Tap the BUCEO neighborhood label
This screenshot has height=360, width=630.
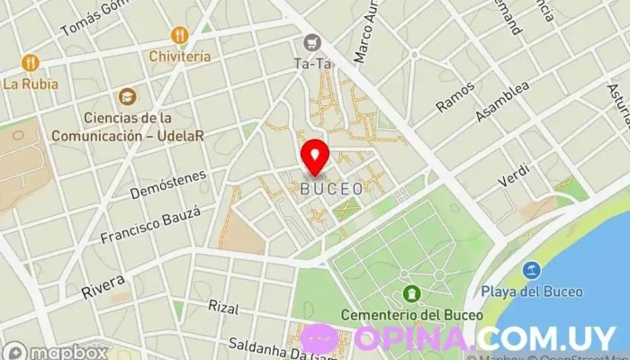(332, 189)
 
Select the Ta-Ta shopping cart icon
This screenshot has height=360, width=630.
(312, 41)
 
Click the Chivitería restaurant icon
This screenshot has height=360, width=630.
(180, 35)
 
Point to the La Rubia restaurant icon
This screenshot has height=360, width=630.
(31, 63)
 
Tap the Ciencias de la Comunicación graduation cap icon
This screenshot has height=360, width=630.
(129, 95)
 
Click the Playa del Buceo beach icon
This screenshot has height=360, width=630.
(532, 269)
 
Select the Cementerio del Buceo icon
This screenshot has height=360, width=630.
(412, 293)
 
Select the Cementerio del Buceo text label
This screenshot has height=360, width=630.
(412, 315)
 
